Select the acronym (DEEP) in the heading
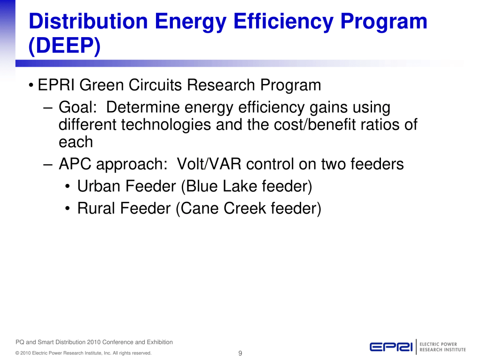[64, 46]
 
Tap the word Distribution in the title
[88, 22]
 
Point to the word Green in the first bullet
[101, 85]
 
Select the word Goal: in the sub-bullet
[78, 107]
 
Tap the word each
[76, 142]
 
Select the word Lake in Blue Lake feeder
[240, 186]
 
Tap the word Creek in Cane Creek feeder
[245, 208]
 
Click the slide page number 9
[240, 353]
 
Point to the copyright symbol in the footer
[17, 353]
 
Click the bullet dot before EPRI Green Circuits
[31, 85]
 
